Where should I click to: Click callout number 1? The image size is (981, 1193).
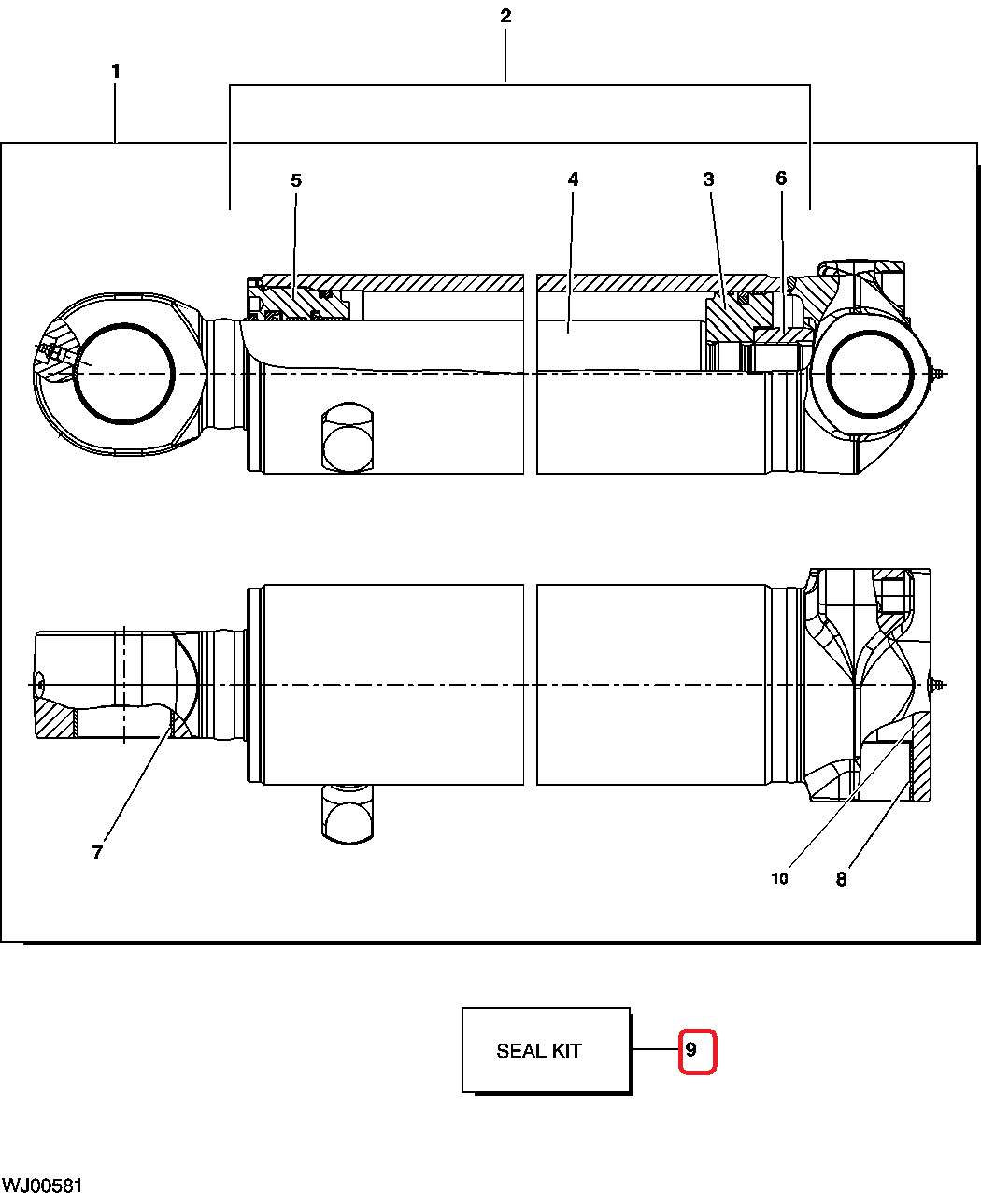116,71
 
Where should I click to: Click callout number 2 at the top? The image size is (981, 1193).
505,16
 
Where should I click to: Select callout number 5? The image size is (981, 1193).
296,180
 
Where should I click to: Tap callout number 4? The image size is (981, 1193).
573,178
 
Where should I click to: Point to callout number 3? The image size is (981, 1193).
709,179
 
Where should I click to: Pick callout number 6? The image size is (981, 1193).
781,178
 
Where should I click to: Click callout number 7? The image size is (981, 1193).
97,852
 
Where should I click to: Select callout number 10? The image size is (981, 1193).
779,878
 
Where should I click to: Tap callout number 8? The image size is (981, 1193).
841,879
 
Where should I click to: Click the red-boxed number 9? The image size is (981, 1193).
691,1050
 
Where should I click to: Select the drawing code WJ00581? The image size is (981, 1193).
42,1185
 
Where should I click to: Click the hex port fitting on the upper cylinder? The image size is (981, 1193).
347,437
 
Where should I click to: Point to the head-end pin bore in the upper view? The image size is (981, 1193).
870,375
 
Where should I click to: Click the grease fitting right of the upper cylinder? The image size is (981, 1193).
939,375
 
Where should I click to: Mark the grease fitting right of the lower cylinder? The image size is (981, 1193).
939,685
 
